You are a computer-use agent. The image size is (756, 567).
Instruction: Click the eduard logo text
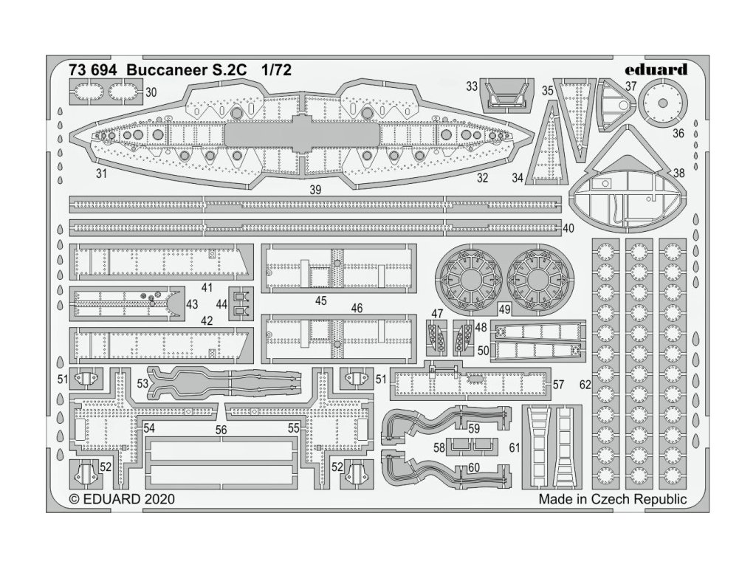654,70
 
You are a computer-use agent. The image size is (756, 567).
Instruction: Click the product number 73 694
92,71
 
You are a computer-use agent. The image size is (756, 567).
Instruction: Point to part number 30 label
151,92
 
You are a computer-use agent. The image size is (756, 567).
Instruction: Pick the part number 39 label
316,189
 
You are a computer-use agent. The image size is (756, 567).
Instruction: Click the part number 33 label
472,87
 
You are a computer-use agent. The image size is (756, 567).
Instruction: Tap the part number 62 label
585,385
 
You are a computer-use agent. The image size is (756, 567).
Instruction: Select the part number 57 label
558,384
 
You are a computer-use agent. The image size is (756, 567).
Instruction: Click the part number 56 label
221,429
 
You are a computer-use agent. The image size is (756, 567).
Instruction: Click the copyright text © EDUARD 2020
122,499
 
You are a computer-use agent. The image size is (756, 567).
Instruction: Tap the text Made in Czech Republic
612,499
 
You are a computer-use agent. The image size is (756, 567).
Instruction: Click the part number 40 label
568,228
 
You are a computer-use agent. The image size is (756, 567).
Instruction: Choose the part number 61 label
515,447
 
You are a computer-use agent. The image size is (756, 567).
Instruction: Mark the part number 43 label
192,304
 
